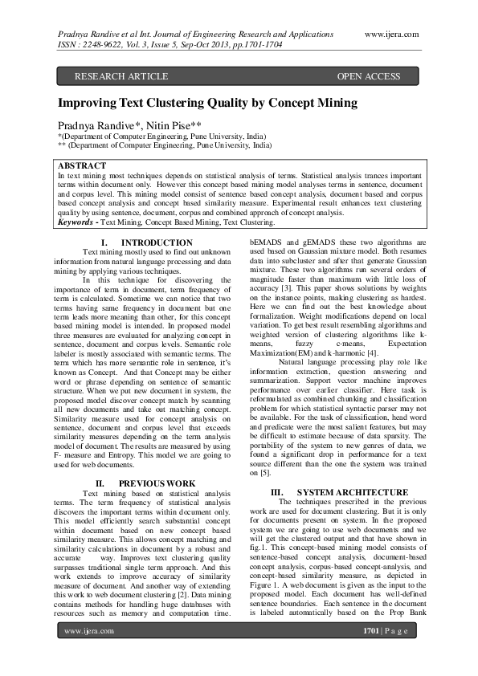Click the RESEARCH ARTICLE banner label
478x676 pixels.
pos(121,76)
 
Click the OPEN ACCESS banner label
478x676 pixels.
pos(368,76)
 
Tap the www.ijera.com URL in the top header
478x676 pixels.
pos(392,35)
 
